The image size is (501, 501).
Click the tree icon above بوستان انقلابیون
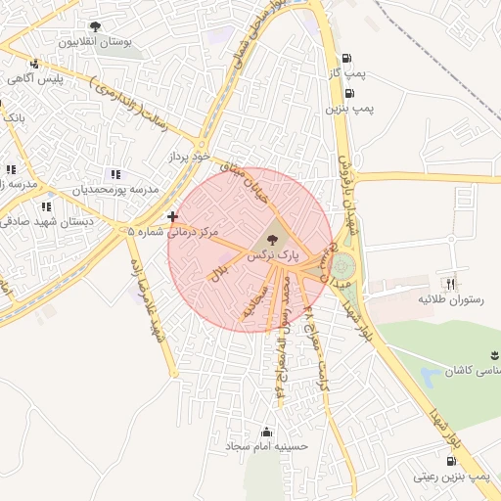[95, 26]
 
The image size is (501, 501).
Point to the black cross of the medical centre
[173, 216]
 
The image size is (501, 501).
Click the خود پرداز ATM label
[189, 156]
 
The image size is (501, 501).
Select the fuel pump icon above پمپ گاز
[348, 57]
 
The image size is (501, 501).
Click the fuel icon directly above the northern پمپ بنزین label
[348, 93]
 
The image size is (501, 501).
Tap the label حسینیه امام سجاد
[267, 446]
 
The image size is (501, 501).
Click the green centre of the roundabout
[342, 266]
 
